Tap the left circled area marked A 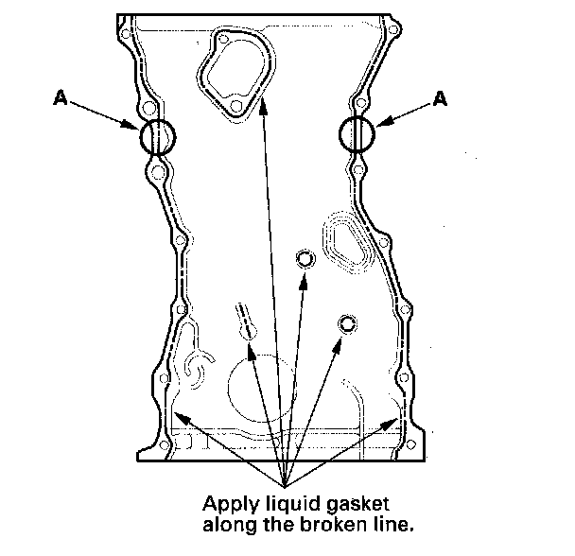tap(158, 137)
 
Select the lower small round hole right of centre tap(347, 324)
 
